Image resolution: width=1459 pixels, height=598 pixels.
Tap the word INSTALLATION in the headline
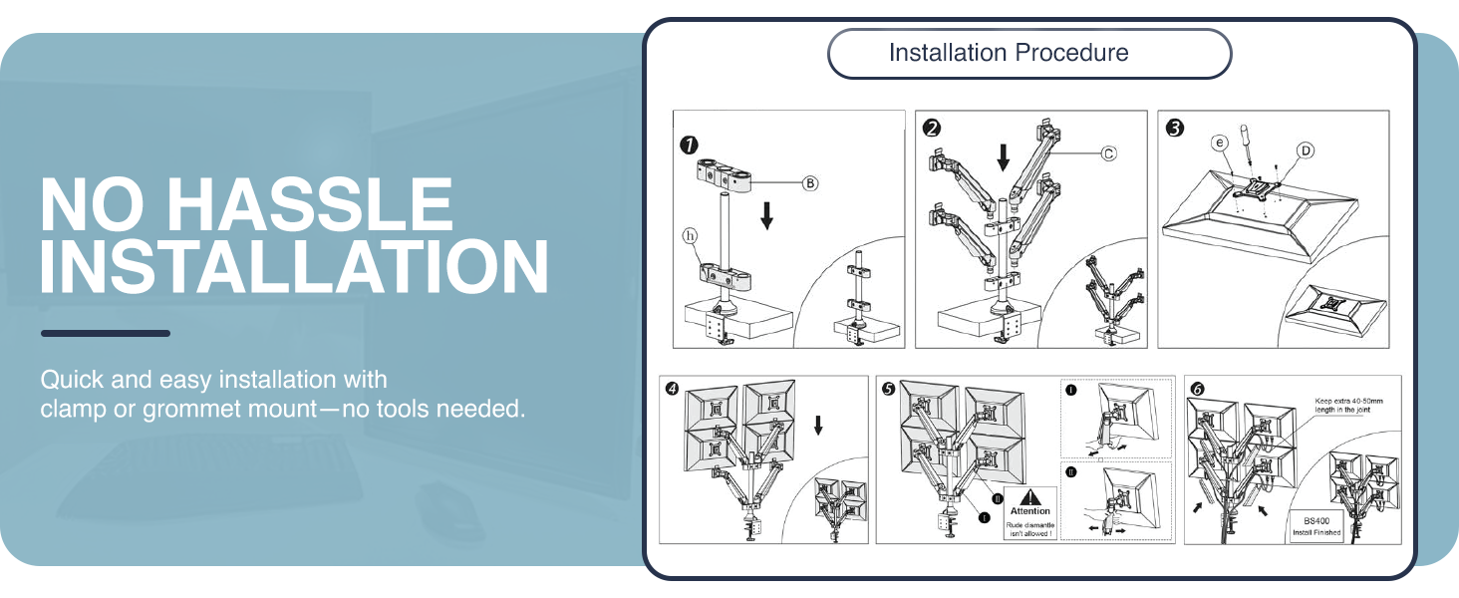click(x=294, y=266)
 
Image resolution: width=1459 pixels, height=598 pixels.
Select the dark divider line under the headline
click(x=105, y=333)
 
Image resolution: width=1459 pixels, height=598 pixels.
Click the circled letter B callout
click(x=811, y=183)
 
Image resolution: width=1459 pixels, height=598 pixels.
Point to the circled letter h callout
click(x=688, y=235)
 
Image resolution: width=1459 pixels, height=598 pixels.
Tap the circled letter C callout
click(x=1108, y=152)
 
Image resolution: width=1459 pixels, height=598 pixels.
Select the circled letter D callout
click(x=1305, y=150)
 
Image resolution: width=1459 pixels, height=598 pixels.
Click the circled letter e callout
click(x=1218, y=144)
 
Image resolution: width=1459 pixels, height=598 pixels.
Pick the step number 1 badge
click(x=687, y=145)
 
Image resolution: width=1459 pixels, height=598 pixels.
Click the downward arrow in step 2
click(x=1004, y=155)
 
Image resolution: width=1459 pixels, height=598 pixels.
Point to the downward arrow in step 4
click(x=818, y=426)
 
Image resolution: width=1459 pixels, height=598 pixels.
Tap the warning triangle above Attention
click(x=1031, y=495)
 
